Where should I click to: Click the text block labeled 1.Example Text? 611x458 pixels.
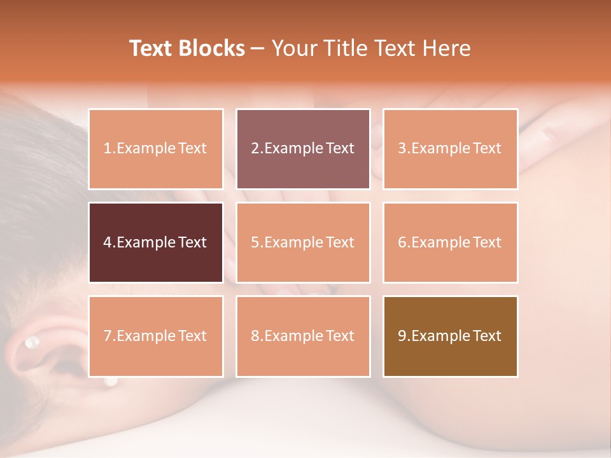(156, 149)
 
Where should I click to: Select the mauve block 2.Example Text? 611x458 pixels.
(303, 149)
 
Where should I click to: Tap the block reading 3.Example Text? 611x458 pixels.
(450, 149)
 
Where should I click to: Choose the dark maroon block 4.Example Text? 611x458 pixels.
(156, 242)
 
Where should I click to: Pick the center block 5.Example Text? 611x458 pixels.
(303, 242)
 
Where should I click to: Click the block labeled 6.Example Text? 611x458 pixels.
(450, 242)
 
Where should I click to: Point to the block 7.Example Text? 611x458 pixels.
(156, 336)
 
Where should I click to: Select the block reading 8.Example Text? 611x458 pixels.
(303, 336)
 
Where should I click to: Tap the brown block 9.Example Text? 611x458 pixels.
(450, 336)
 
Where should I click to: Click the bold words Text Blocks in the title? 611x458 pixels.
(187, 48)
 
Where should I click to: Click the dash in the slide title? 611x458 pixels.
(258, 48)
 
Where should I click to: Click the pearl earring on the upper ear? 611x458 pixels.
(31, 343)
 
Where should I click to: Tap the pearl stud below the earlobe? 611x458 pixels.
(111, 382)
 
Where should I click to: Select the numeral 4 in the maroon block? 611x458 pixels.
(107, 242)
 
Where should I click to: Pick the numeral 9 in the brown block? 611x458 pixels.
(402, 336)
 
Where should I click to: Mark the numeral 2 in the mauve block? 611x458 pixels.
(255, 149)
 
